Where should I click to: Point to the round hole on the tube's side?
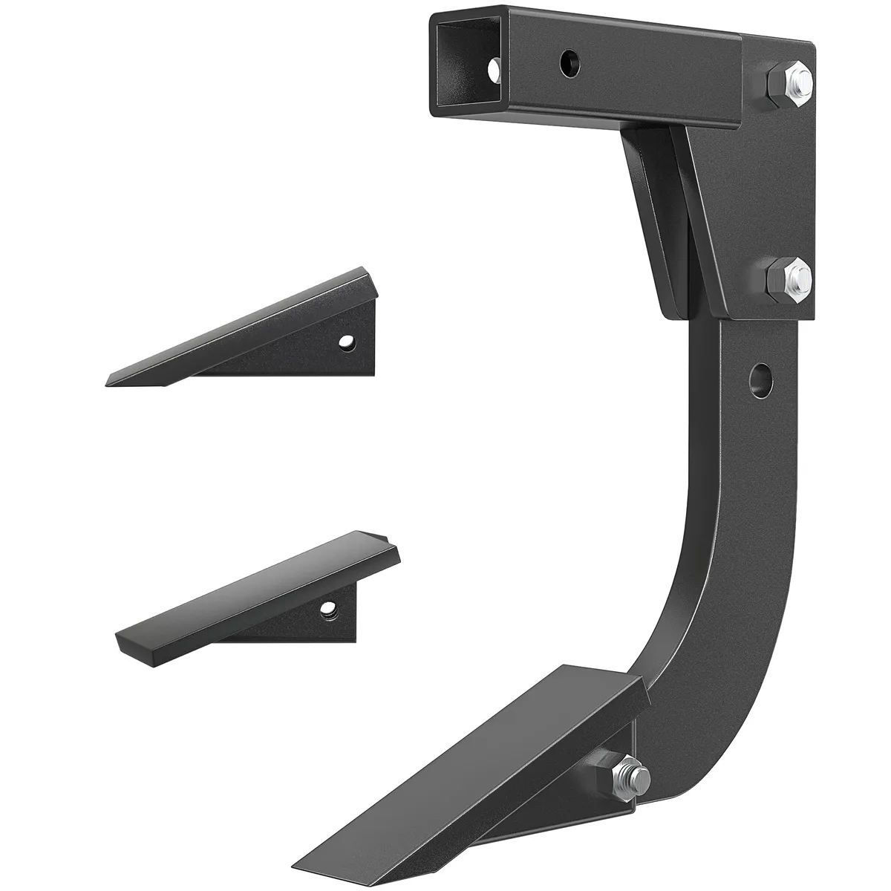click(569, 59)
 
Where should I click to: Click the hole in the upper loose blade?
click(346, 342)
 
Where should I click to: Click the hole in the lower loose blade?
click(325, 610)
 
